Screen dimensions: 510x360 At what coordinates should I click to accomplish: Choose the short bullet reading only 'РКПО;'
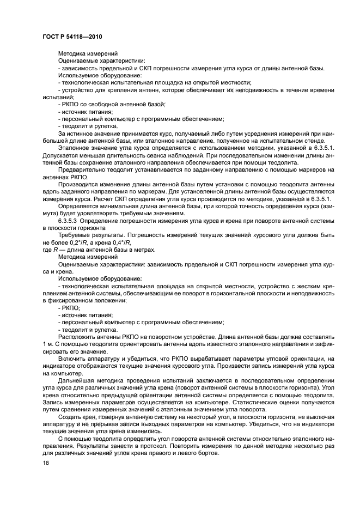pyautogui.click(x=69, y=308)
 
